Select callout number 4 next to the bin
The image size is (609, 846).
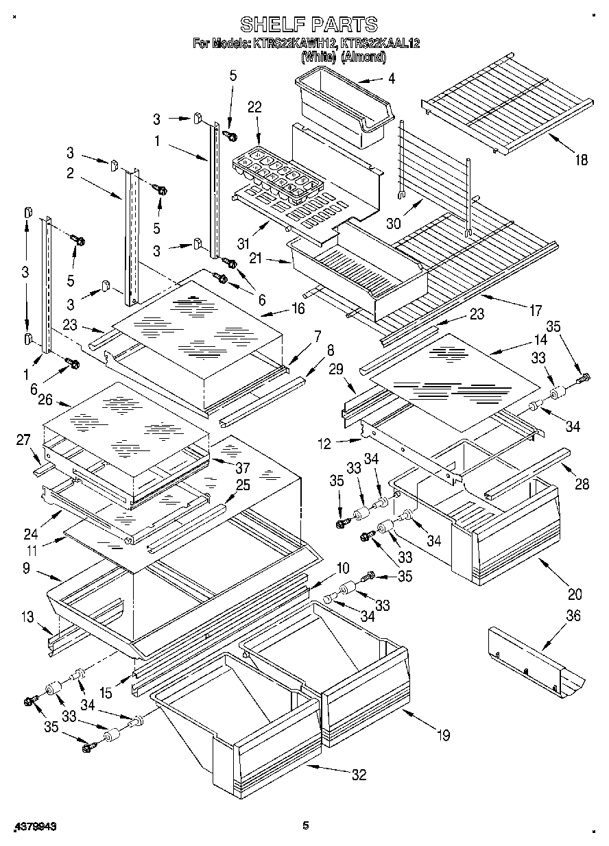(391, 78)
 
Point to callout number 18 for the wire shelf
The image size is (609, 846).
(581, 160)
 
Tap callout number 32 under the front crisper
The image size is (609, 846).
(359, 775)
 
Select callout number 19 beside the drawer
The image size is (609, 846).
(443, 736)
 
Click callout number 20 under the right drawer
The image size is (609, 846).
(575, 594)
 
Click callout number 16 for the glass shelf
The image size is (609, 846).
(298, 309)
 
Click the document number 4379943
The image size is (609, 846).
(34, 826)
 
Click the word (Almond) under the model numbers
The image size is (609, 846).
(363, 58)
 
